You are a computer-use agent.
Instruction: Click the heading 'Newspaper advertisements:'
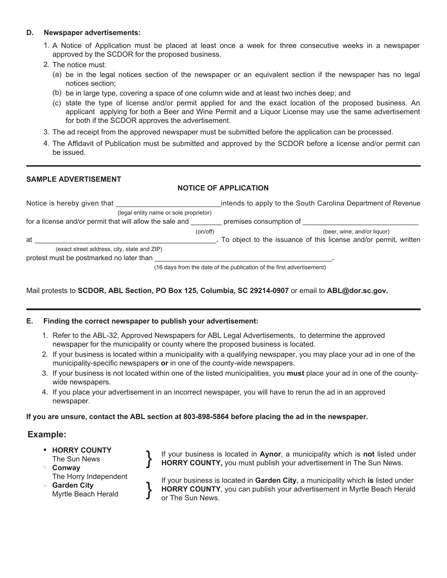point(92,33)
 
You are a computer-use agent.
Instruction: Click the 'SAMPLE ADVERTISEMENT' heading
point(73,180)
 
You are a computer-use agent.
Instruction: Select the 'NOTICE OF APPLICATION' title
point(223,188)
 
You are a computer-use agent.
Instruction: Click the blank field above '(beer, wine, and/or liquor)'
point(360,222)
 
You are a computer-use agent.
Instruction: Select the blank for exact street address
point(125,240)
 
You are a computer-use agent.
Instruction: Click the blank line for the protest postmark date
point(243,258)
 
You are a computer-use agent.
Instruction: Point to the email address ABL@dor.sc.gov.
point(357,291)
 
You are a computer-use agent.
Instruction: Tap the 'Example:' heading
point(47,435)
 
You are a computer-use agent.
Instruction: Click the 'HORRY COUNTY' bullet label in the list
point(82,450)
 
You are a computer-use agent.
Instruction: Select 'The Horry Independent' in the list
point(89,476)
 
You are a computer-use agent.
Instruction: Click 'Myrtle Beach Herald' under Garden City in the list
point(85,494)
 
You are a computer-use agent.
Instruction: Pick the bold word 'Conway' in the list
point(66,468)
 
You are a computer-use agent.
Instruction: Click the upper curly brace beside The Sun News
point(149,459)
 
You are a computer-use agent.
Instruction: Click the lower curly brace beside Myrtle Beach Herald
point(149,490)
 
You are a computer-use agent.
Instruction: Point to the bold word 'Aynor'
point(270,454)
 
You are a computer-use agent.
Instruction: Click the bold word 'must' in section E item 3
point(295,374)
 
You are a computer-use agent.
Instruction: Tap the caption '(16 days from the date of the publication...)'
point(240,267)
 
